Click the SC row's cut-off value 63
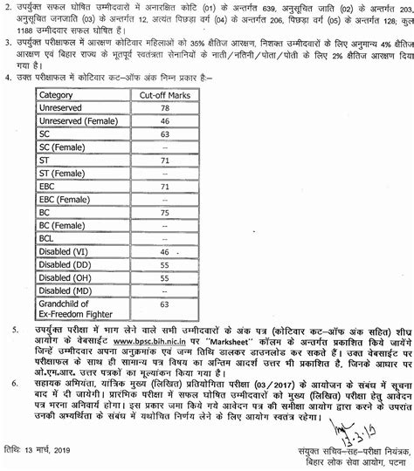coord(164,134)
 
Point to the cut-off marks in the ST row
coord(164,161)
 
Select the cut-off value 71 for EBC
coord(164,188)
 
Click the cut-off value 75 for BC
coord(164,213)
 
